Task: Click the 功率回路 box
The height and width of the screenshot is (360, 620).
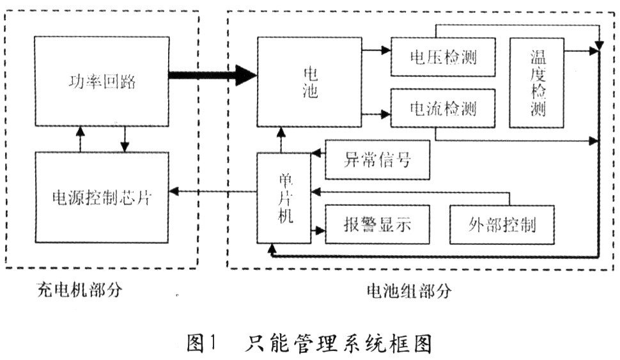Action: tap(102, 81)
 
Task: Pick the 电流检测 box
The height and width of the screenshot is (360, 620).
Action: tap(443, 109)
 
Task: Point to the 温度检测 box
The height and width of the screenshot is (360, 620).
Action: tap(538, 82)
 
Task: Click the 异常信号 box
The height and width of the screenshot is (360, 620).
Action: tap(377, 160)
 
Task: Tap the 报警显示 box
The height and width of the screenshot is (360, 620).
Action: tap(377, 225)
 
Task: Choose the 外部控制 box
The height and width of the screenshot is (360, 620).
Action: tap(502, 225)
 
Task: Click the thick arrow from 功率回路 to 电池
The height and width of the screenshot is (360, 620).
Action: tap(211, 75)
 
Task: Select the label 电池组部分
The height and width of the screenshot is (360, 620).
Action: tap(409, 291)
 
